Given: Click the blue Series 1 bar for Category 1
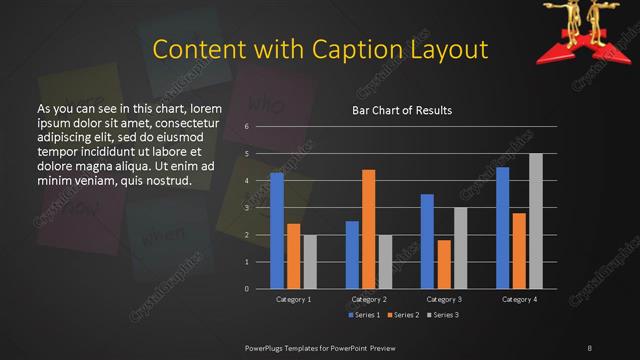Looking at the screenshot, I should point(277,230).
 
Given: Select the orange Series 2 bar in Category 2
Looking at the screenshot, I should point(369,228).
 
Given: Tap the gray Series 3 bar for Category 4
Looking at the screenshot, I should point(536,220).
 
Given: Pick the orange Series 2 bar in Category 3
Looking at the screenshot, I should point(444,263).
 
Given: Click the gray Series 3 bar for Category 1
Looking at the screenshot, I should point(310,261).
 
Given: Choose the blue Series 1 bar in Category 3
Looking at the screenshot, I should point(427,240).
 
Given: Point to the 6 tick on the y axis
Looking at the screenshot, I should point(246,127).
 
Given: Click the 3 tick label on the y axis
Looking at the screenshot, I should point(246,208).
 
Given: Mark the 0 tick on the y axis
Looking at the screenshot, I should point(246,289).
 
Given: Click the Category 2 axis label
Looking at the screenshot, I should point(369,299).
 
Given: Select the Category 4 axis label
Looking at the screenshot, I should point(519,299).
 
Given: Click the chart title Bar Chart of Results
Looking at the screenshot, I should point(402,110).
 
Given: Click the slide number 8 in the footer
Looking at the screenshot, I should point(589,347).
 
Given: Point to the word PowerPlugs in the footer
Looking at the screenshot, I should point(268,347).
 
